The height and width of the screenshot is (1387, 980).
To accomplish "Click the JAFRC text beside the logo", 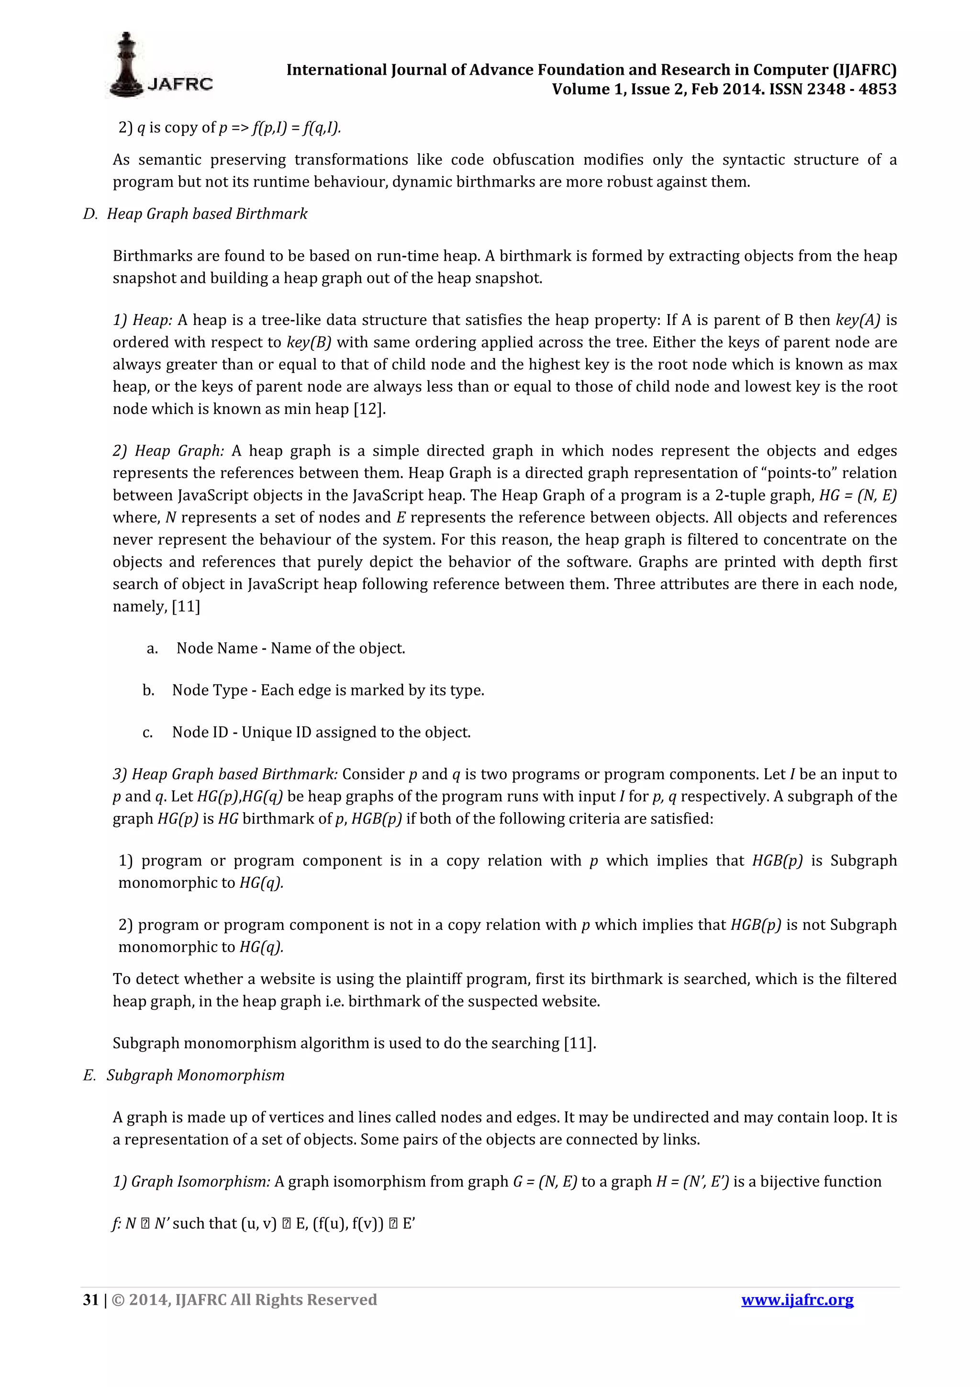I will click(x=179, y=84).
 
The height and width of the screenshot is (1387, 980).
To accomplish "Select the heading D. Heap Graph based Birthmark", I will click(x=195, y=214).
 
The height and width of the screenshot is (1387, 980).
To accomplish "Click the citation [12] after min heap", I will click(x=369, y=409).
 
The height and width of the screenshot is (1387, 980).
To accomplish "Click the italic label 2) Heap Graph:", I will click(x=168, y=451).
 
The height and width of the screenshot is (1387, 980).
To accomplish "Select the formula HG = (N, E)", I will click(x=857, y=495).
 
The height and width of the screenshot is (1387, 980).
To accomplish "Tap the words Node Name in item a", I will click(x=217, y=648).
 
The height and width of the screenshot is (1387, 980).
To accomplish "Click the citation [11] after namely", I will click(x=186, y=606).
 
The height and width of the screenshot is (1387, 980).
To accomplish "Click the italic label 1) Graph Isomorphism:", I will click(x=191, y=1182).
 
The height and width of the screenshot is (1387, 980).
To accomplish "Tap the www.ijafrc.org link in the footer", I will click(x=797, y=1300).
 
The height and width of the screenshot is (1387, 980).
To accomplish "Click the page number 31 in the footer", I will click(x=90, y=1300).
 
